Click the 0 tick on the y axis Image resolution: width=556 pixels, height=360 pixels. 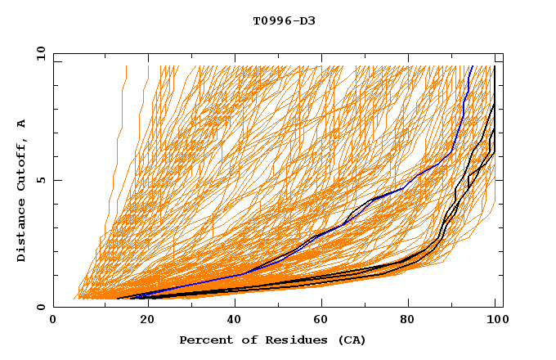pos(41,308)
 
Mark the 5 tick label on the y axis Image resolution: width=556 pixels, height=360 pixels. pos(41,180)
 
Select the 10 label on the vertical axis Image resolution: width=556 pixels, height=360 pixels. pos(38,52)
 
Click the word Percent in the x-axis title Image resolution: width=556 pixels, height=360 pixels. pos(204,340)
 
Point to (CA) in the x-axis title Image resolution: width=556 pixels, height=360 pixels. pos(350,340)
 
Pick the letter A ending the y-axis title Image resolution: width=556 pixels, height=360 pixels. pos(21,124)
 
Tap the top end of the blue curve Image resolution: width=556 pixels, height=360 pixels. pos(471,66)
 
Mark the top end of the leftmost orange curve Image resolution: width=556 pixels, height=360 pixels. pos(126,66)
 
